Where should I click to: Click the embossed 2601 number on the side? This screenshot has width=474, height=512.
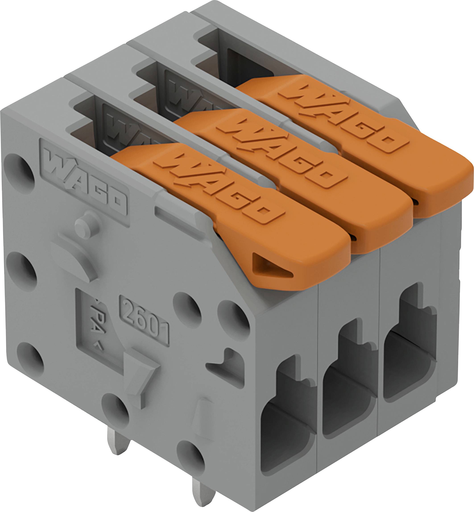144,320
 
